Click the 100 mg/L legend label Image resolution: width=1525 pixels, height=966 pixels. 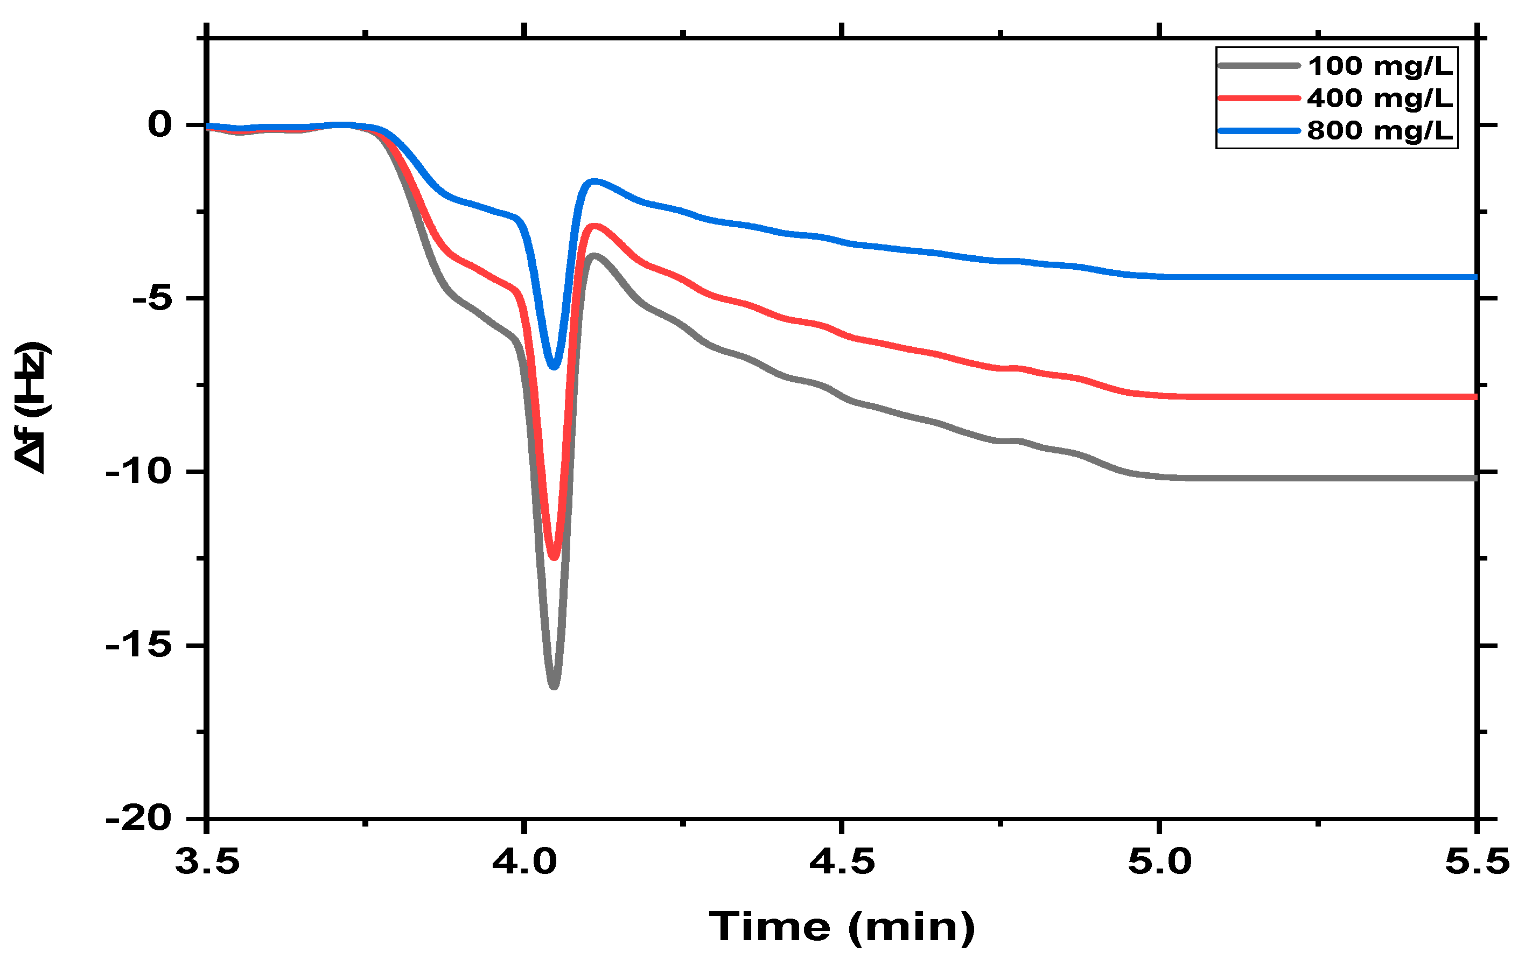click(1380, 66)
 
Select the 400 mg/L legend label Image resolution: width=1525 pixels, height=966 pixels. click(1380, 98)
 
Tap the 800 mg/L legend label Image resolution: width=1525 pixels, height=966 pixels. click(1380, 130)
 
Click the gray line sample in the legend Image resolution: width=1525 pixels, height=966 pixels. click(1259, 65)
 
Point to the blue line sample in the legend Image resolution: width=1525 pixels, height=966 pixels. click(1259, 130)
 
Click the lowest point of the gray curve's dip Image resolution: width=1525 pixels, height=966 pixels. click(554, 686)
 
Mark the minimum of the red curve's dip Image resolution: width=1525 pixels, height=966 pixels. click(554, 557)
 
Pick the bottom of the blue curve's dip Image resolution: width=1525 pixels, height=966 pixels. click(554, 366)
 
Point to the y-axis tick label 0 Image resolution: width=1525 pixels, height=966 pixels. click(159, 125)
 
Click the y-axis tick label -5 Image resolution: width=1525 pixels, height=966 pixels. click(152, 298)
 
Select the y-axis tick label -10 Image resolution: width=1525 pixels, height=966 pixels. click(139, 472)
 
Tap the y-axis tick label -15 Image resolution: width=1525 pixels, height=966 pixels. click(139, 646)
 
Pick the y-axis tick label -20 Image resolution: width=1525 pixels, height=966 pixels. click(139, 818)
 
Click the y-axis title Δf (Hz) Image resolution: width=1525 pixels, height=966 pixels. click(32, 407)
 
